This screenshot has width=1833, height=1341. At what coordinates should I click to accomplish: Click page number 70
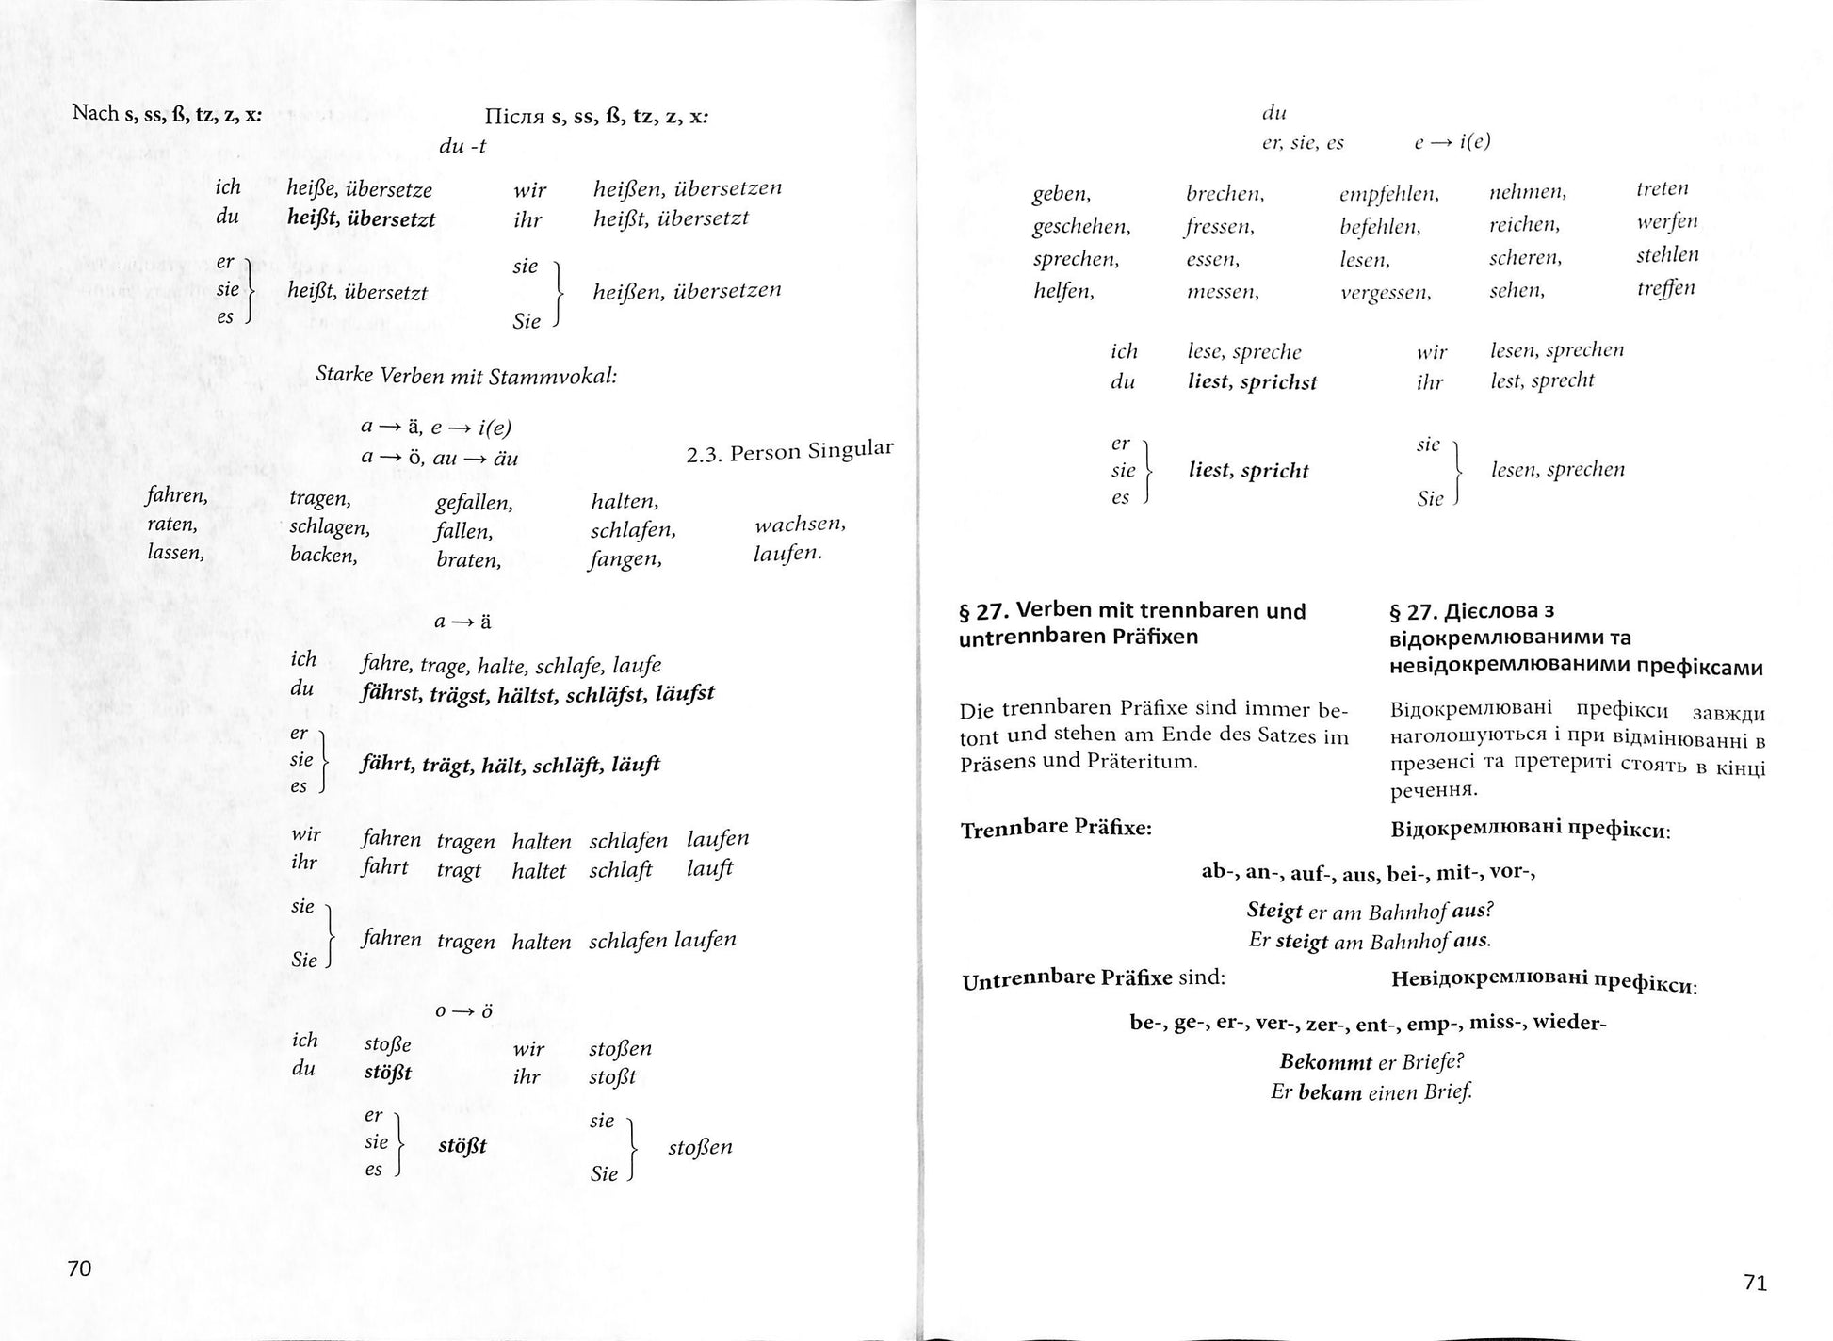(x=80, y=1268)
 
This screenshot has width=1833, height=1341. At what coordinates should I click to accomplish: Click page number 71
(x=1755, y=1283)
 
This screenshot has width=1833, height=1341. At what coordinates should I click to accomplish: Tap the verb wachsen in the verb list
(x=800, y=524)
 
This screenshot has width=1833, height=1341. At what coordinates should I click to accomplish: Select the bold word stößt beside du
(x=387, y=1073)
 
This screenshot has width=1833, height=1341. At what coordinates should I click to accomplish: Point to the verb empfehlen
(x=1388, y=195)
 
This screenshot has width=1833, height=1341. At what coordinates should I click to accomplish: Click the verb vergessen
(x=1385, y=293)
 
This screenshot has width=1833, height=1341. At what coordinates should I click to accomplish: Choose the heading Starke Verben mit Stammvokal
(x=466, y=376)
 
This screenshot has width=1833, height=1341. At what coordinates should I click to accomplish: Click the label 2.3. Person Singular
(x=789, y=452)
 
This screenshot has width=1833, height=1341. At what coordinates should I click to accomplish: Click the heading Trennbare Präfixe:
(x=1056, y=829)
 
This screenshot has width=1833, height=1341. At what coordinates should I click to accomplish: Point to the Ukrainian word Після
(x=512, y=117)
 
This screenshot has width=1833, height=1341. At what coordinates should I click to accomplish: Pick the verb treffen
(x=1665, y=288)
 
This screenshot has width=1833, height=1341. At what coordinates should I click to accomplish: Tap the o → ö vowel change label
(x=463, y=1011)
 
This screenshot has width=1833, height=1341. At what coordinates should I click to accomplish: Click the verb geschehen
(x=1080, y=227)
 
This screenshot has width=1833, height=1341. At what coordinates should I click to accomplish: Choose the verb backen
(x=323, y=555)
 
